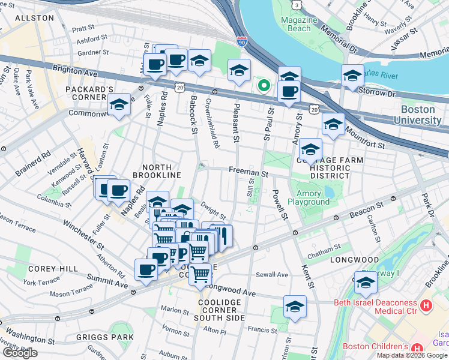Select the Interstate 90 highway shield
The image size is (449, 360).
(x=241, y=43)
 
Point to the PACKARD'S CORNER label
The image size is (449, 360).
(x=90, y=95)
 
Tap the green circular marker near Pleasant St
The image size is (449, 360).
(x=263, y=86)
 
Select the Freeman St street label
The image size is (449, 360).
(x=248, y=172)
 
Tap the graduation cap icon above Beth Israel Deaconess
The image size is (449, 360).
(x=366, y=281)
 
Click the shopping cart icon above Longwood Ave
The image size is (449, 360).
(x=200, y=274)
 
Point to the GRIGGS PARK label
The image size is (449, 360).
(x=105, y=337)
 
